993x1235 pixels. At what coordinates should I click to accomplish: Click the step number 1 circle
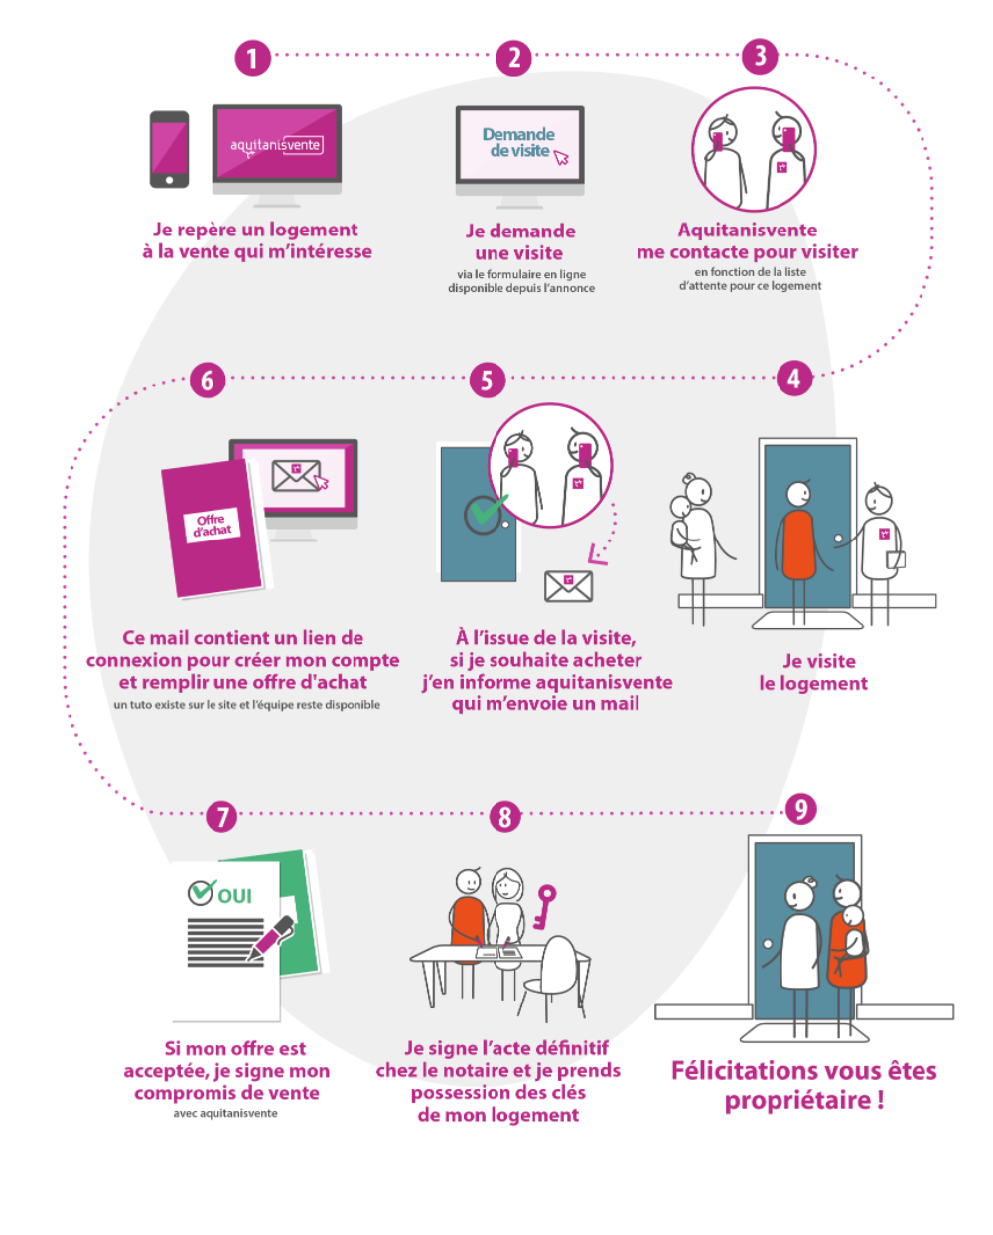tap(252, 58)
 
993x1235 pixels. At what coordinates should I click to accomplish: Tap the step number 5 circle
tap(487, 380)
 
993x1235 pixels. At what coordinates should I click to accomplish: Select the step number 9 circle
tap(800, 809)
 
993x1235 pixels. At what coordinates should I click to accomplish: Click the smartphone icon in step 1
tap(169, 149)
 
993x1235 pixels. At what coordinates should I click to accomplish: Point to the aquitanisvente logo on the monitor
tap(276, 145)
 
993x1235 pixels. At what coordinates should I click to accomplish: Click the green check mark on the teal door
tap(485, 512)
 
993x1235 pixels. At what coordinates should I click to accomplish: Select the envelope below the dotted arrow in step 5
tap(568, 586)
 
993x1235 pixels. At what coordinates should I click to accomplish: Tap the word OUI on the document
tap(234, 895)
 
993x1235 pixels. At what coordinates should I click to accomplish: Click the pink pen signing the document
tap(270, 938)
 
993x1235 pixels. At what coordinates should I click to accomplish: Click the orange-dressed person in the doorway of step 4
tap(798, 541)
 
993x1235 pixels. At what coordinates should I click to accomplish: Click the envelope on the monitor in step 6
tap(296, 476)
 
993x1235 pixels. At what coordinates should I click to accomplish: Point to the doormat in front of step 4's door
tap(806, 621)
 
